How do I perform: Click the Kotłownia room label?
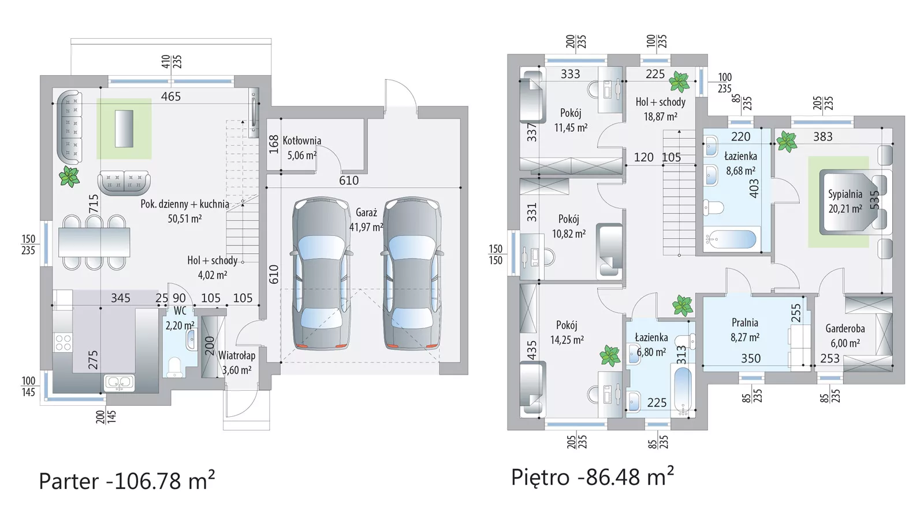tap(302, 141)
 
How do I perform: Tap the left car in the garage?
tap(321, 273)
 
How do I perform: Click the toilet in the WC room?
tap(175, 367)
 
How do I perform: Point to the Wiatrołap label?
tap(237, 356)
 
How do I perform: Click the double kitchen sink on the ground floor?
tap(119, 383)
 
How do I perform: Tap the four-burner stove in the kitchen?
tap(63, 343)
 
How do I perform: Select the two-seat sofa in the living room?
tap(124, 183)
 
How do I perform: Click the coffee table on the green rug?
tap(124, 128)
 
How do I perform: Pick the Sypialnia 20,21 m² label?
tap(845, 202)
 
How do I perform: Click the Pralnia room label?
tap(745, 323)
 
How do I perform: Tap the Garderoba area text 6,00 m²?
tap(845, 343)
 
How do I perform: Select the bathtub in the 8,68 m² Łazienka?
tap(731, 239)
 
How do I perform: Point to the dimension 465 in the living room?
tap(171, 97)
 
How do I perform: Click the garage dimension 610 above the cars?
tap(349, 180)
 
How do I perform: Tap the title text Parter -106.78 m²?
tap(126, 480)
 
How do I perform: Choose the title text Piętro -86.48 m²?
tap(593, 477)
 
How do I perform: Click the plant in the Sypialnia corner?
tap(787, 142)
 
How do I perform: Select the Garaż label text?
tap(366, 213)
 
